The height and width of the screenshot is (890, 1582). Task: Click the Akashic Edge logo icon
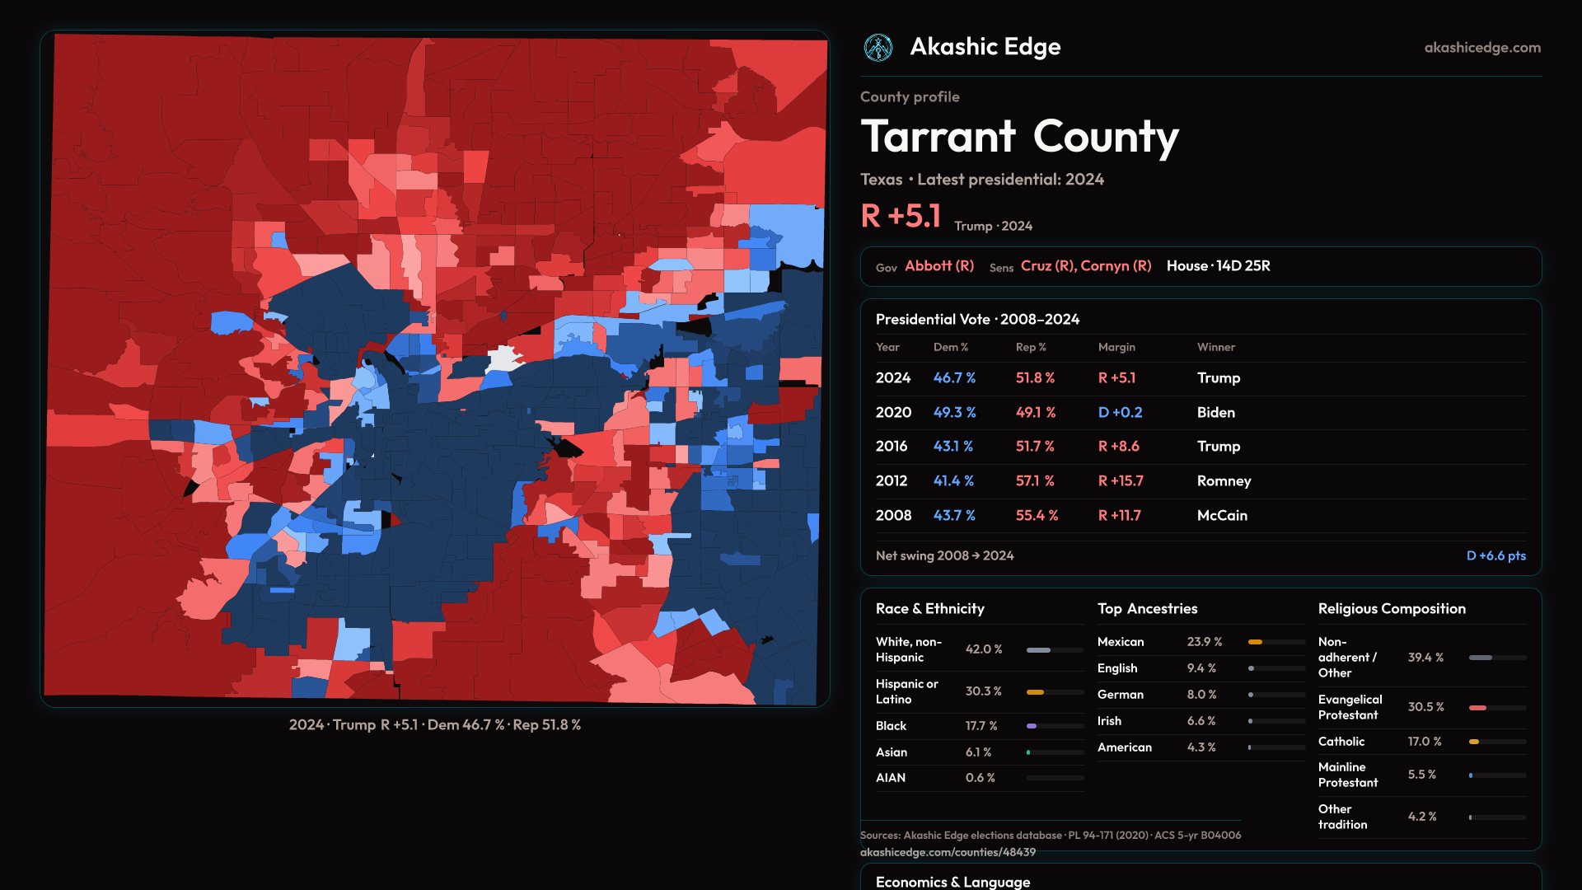coord(878,48)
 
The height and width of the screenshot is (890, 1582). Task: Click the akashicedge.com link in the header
coord(1482,48)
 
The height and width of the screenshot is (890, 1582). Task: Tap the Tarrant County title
coord(1019,137)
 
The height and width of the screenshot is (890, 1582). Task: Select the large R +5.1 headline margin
coord(901,216)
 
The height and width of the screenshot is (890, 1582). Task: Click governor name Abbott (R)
coord(939,266)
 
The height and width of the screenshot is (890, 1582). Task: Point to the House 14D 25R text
coord(1218,266)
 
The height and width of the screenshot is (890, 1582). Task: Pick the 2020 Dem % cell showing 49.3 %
coord(954,412)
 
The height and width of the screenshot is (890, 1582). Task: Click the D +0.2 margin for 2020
coord(1120,412)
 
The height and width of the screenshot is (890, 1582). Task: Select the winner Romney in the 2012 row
coord(1224,480)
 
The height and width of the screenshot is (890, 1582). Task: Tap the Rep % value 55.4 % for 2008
coord(1037,515)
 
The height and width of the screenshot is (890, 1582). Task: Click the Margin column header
coord(1116,347)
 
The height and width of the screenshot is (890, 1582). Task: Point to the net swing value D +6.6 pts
coord(1495,555)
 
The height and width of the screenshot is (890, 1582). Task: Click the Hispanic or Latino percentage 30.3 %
coord(983,691)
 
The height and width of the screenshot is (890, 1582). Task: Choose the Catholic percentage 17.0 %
coord(1425,742)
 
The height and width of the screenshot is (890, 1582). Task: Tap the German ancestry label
coord(1121,695)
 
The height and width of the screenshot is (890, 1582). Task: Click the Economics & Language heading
coord(952,882)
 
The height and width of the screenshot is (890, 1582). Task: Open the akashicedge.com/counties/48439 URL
coord(948,852)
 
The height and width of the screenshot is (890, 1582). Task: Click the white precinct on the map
coord(502,359)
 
